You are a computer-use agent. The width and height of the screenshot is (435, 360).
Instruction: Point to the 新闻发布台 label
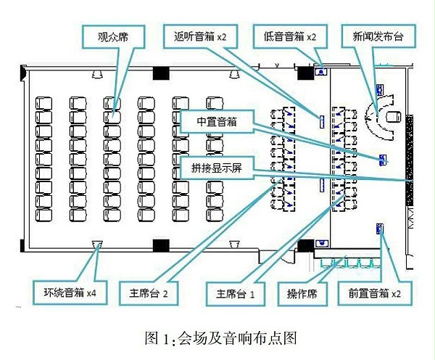(x=376, y=35)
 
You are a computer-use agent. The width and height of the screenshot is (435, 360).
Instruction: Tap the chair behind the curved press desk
(x=394, y=116)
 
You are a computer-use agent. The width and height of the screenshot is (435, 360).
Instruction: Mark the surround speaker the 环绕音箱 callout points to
(x=96, y=245)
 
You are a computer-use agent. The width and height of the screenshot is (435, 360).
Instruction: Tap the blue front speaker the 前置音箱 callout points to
(x=379, y=229)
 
